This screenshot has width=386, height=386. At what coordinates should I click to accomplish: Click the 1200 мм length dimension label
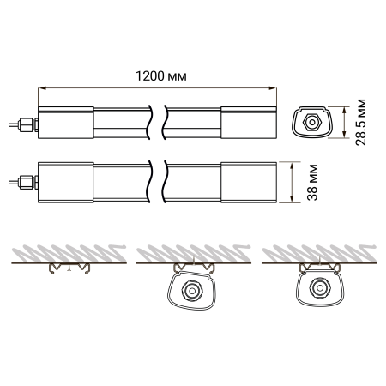click(161, 76)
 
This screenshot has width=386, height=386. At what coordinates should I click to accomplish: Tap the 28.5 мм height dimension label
click(360, 122)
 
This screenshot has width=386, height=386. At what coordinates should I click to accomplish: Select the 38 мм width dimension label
click(312, 183)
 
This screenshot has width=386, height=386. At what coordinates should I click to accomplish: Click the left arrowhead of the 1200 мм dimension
click(42, 88)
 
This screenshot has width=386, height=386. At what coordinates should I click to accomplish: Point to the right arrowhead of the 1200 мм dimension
click(273, 88)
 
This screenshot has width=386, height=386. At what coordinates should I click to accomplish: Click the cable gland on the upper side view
click(27, 124)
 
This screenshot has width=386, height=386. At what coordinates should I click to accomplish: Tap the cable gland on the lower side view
click(27, 182)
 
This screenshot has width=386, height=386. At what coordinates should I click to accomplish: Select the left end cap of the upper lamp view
click(66, 123)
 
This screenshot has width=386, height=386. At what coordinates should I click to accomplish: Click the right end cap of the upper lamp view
click(249, 123)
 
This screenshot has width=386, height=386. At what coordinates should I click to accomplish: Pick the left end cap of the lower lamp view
click(66, 183)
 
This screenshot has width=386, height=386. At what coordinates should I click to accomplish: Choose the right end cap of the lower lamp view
click(249, 183)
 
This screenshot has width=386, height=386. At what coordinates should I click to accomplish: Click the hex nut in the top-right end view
click(312, 123)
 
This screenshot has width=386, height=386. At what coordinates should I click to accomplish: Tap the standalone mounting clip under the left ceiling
click(69, 268)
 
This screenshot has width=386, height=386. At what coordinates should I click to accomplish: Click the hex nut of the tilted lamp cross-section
click(192, 291)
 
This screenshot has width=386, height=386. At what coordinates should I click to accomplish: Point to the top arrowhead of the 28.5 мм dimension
click(345, 110)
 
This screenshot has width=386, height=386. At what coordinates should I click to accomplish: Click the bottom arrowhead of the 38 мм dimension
click(292, 199)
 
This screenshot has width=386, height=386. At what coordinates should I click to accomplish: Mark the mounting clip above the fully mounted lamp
click(319, 267)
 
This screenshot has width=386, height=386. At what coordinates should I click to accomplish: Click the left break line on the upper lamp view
click(149, 122)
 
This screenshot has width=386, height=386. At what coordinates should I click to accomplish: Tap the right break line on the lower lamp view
click(165, 182)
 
